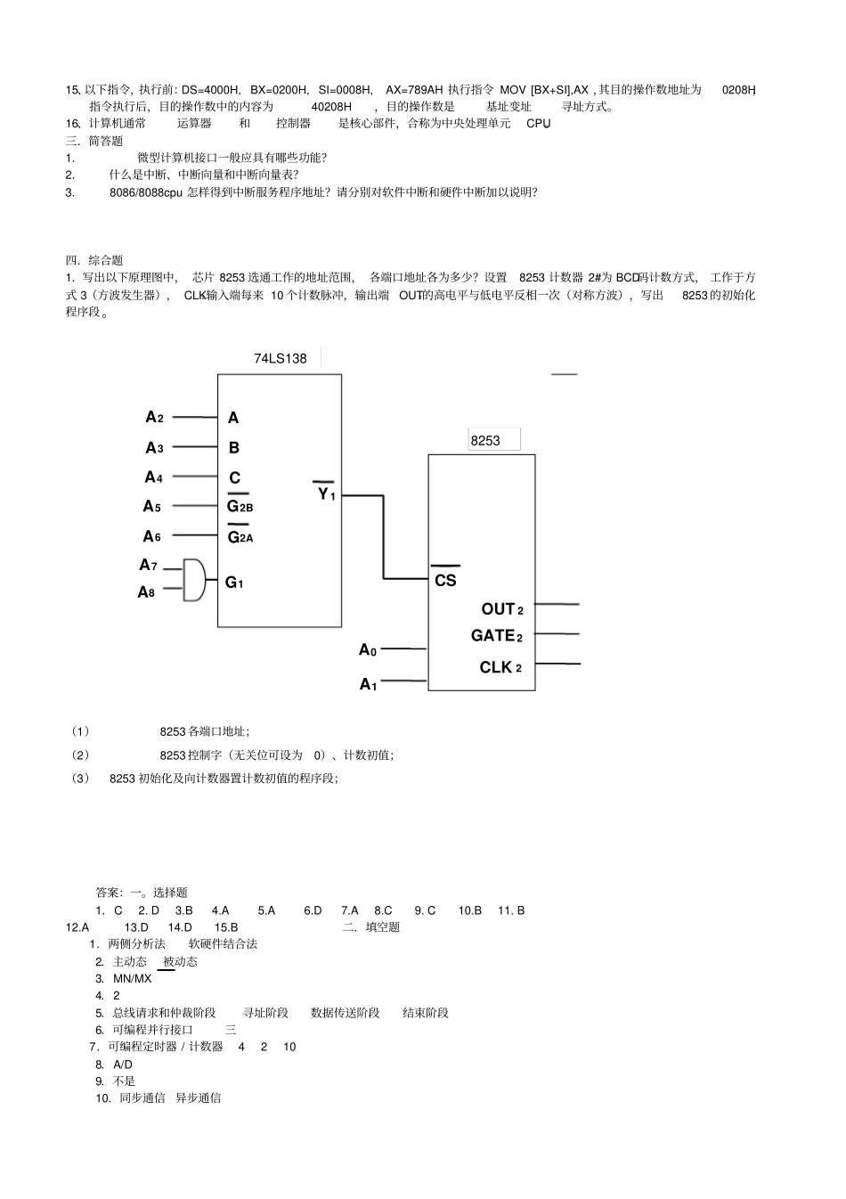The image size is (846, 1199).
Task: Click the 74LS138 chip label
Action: click(x=280, y=359)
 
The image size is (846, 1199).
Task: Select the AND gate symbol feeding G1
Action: click(x=194, y=580)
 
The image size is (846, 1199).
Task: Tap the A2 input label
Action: click(x=154, y=417)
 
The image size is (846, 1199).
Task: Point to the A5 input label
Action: click(x=152, y=506)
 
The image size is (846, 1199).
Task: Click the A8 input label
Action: click(x=146, y=591)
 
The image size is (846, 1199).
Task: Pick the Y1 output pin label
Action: click(x=326, y=493)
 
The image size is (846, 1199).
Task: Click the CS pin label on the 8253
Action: click(x=445, y=580)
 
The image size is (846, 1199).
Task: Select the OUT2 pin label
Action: click(x=501, y=609)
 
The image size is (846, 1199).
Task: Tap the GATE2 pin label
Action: click(x=496, y=636)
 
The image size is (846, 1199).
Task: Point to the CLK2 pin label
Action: click(x=500, y=667)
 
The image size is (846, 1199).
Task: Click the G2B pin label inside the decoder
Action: click(x=240, y=507)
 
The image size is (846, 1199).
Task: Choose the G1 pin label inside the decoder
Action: click(x=234, y=583)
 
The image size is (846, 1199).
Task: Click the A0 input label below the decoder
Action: click(x=368, y=650)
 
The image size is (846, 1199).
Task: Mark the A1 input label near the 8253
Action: click(x=368, y=684)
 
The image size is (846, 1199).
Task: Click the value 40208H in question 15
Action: click(x=330, y=107)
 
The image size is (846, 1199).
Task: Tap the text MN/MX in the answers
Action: click(x=132, y=978)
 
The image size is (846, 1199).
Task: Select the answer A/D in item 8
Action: click(x=123, y=1064)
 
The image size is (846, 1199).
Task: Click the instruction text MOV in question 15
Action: click(x=513, y=90)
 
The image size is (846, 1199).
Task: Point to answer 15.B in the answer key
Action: click(x=227, y=927)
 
